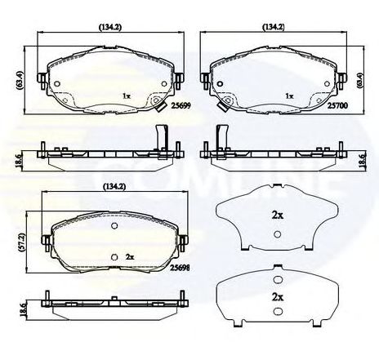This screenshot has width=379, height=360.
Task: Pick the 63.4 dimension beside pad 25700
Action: click(x=361, y=81)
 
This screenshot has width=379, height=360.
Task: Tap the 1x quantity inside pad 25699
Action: click(x=127, y=96)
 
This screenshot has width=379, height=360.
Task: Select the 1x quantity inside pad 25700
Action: click(x=288, y=96)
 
